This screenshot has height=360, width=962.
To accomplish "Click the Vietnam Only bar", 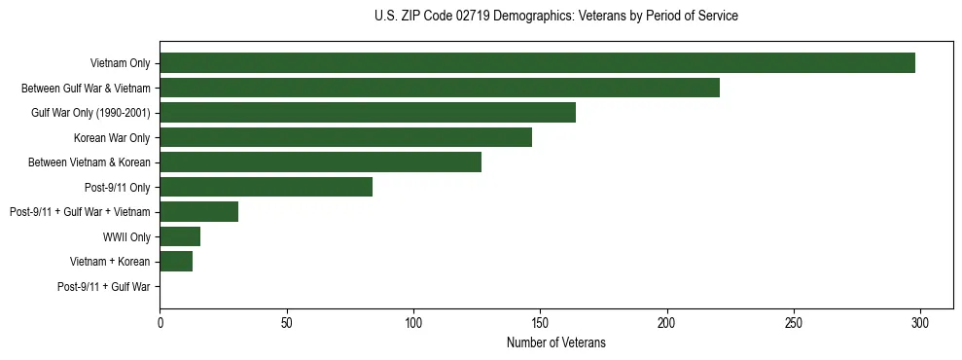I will (537, 63).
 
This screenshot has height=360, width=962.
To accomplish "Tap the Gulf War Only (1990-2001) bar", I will (368, 113).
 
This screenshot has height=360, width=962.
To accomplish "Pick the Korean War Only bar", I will (345, 137).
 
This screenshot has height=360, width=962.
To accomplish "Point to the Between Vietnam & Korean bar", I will (320, 162).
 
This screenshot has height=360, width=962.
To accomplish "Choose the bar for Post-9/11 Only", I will (266, 187).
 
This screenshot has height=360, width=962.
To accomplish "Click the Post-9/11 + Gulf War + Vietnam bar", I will (198, 212).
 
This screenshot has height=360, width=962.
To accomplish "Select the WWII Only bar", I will (180, 236).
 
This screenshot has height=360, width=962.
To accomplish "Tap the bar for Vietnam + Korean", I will (176, 262).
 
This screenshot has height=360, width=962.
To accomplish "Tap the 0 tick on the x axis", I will (160, 322).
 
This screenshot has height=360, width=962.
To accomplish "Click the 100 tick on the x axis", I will (413, 322).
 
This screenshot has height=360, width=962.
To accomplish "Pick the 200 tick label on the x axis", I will (667, 322).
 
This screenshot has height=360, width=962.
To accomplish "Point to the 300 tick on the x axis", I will (920, 322).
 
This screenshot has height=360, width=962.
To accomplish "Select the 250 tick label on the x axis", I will (794, 322).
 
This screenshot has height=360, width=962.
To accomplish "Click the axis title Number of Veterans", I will (555, 342).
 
